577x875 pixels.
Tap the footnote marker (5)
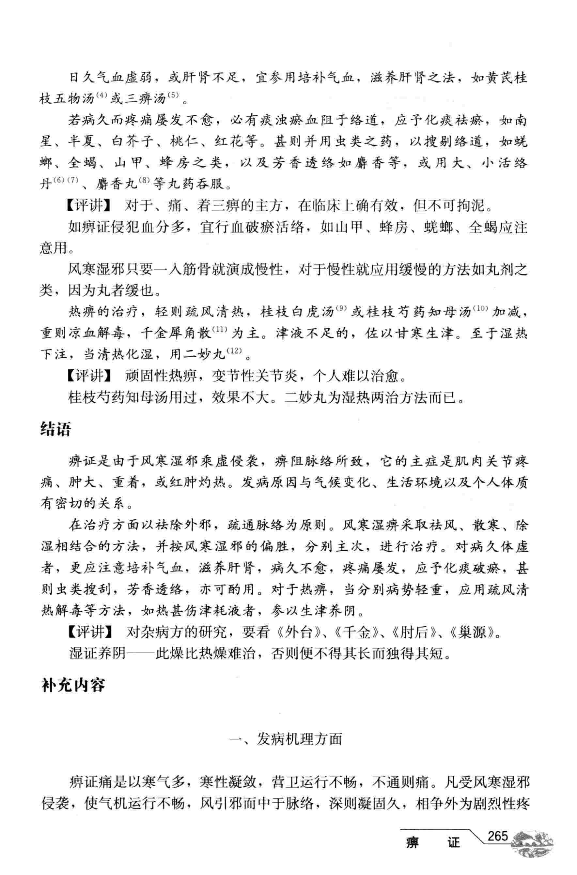click(173, 95)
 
